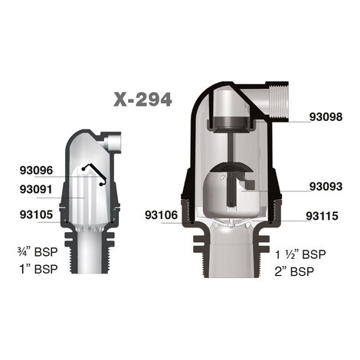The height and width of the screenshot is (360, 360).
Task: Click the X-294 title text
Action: coord(142,99)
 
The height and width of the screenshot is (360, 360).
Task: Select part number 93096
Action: coord(36,171)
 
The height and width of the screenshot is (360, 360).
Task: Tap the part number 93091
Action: coord(36,189)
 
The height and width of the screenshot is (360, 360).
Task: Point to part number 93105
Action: coord(36,214)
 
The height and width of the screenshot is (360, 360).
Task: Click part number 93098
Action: coord(326,117)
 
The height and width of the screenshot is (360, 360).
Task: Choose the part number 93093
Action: coord(326,186)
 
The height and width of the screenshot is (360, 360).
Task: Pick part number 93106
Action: coord(161,215)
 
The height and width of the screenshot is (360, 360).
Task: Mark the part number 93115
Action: coord(322,216)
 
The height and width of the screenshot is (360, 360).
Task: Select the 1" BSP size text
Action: coord(39,269)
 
